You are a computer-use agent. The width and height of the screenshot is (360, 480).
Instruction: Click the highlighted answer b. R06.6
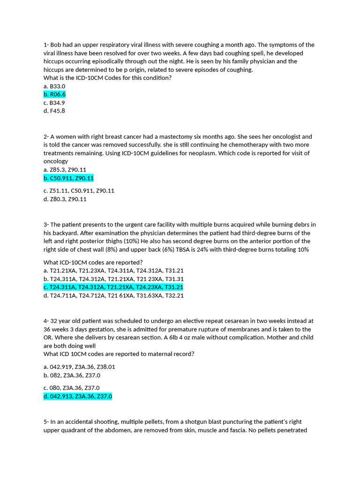click(x=54, y=95)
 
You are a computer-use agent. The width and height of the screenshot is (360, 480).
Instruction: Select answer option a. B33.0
click(x=54, y=86)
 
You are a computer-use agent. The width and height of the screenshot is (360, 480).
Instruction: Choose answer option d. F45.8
click(x=54, y=111)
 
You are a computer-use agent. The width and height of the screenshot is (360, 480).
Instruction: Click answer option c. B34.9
click(x=54, y=103)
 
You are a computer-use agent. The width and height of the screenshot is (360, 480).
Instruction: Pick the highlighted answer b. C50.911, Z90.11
click(x=68, y=178)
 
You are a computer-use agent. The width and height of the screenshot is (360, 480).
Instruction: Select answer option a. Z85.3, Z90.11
click(x=65, y=170)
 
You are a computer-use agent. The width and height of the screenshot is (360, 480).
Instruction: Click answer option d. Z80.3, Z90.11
click(x=65, y=199)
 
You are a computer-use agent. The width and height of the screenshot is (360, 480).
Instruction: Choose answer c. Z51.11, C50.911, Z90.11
click(x=79, y=191)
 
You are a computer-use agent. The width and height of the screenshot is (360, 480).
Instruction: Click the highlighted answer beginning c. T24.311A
click(x=113, y=287)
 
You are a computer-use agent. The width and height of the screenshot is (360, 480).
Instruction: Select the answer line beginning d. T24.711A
click(x=113, y=295)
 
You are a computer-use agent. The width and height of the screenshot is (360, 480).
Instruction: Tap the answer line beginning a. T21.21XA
click(x=113, y=270)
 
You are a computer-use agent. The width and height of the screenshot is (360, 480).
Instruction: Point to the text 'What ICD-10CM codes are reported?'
click(x=93, y=262)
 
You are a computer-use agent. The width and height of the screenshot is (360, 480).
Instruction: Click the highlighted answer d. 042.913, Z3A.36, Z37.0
click(x=78, y=397)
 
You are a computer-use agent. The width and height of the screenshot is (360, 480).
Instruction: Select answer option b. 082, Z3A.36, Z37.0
click(x=72, y=375)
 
